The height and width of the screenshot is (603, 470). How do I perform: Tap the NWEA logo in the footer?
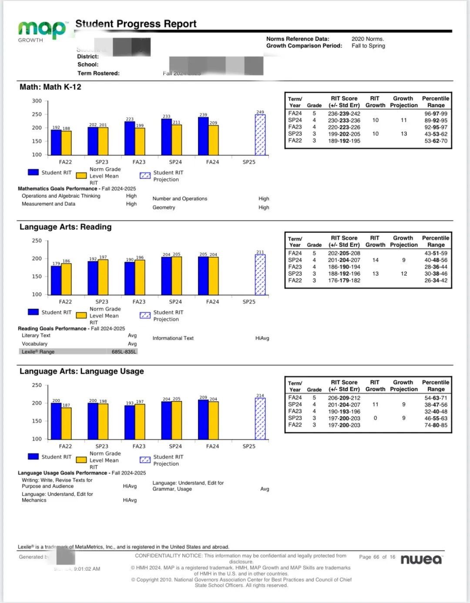click(421, 559)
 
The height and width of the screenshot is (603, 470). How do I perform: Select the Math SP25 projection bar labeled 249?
click(260, 135)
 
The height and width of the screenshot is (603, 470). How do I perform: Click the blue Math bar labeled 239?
click(203, 136)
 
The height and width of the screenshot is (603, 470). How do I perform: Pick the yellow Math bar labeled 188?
click(66, 143)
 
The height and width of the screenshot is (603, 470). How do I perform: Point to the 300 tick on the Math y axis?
click(37, 101)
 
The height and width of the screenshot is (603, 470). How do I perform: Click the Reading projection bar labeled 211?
click(260, 275)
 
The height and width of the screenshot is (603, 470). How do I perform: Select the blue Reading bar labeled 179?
click(56, 280)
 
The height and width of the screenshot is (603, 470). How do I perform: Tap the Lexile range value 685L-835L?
click(124, 352)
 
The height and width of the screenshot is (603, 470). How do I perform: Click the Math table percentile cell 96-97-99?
click(436, 114)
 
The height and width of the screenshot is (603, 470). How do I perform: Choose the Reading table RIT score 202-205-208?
click(344, 253)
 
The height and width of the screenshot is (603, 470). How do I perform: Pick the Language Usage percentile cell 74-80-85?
click(436, 425)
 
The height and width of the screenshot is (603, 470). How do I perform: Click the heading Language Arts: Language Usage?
click(82, 371)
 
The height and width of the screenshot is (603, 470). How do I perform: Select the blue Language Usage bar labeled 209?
click(203, 419)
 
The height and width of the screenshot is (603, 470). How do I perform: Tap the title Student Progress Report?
click(136, 24)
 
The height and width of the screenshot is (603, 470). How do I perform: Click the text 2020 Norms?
click(368, 39)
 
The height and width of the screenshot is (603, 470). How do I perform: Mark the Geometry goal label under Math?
click(164, 208)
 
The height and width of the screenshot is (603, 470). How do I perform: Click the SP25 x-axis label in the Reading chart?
click(249, 302)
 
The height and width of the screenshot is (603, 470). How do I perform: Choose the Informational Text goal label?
click(173, 338)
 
